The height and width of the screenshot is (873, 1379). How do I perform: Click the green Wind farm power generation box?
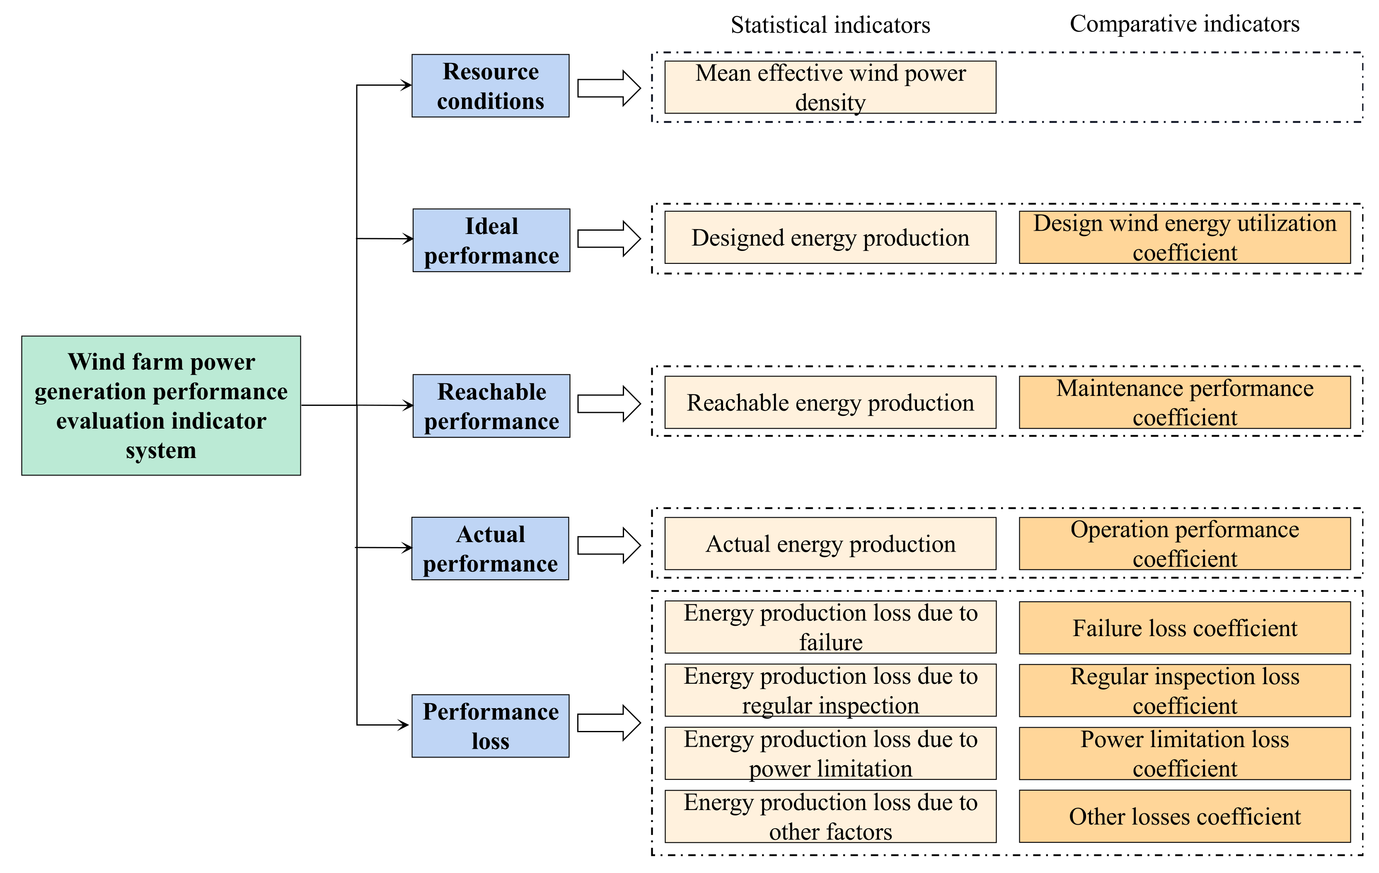[x=161, y=405]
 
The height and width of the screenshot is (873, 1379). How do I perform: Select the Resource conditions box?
[x=490, y=86]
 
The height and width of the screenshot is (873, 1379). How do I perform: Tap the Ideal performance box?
[x=491, y=241]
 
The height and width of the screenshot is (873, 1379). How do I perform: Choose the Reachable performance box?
[x=491, y=406]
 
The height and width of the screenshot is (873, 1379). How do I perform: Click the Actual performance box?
[x=490, y=548]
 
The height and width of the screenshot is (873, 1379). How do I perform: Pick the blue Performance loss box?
[x=490, y=726]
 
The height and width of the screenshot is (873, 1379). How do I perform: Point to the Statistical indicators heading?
[x=830, y=25]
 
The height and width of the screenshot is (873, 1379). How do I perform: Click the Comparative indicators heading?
[x=1184, y=24]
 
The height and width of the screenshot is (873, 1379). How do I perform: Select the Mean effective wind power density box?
[x=830, y=87]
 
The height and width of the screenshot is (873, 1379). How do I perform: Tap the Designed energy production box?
[x=830, y=238]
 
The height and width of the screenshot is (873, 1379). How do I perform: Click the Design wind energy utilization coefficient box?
[x=1184, y=238]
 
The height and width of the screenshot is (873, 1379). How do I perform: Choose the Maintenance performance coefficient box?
[x=1184, y=403]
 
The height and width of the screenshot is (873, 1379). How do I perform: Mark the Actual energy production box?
[x=830, y=544]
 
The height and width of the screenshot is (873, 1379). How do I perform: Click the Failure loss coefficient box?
[x=1184, y=628]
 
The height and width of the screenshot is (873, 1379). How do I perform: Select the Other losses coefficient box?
[x=1184, y=816]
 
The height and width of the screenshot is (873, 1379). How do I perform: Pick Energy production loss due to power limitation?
[x=830, y=753]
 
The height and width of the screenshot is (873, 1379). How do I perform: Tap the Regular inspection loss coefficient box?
[x=1184, y=690]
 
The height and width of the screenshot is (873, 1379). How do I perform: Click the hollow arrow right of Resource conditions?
[x=609, y=89]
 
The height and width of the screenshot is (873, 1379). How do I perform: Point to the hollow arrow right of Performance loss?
[x=609, y=723]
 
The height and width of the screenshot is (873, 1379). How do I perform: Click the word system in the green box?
[x=161, y=451]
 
